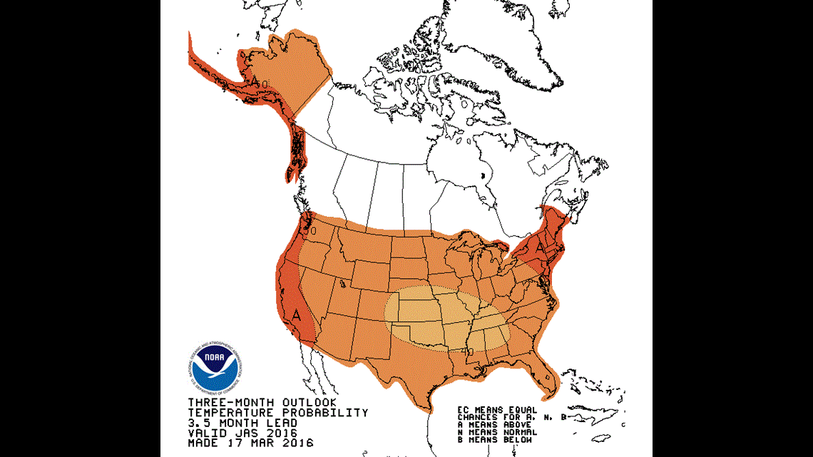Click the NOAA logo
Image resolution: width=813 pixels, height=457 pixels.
(217, 368)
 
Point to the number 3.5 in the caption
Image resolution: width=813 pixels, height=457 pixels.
(199, 423)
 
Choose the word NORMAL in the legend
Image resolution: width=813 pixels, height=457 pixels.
(516, 431)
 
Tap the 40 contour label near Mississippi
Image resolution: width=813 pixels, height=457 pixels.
(468, 351)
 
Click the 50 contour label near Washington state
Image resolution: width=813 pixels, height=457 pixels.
(309, 231)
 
